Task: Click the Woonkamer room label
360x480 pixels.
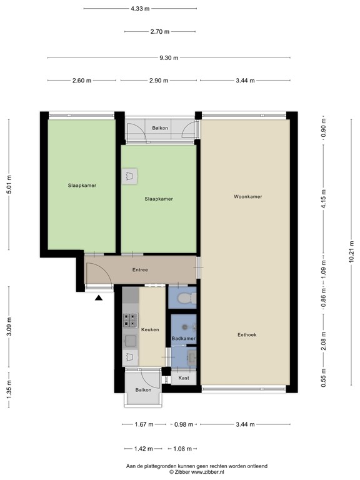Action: (247, 196)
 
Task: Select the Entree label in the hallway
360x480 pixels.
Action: (141, 270)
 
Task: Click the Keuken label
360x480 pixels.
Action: (150, 329)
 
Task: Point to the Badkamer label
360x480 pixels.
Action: (184, 338)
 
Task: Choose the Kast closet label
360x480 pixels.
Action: (184, 378)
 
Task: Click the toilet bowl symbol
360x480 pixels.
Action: (184, 299)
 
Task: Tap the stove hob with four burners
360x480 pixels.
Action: (130, 321)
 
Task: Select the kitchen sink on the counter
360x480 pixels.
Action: (131, 341)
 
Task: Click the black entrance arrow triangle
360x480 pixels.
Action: (99, 298)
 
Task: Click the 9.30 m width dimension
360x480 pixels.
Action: (168, 58)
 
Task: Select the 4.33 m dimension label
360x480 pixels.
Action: (140, 9)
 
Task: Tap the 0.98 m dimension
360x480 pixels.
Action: (184, 424)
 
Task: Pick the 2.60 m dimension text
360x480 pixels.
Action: (81, 81)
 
